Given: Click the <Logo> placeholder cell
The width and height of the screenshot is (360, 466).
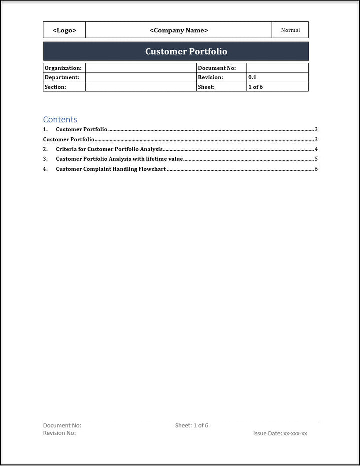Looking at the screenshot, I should pyautogui.click(x=64, y=30).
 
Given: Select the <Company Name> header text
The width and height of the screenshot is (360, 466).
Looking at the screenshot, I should pyautogui.click(x=179, y=30).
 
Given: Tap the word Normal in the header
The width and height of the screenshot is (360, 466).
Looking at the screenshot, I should pyautogui.click(x=290, y=30).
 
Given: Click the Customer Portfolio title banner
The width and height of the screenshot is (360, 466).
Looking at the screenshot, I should pyautogui.click(x=186, y=51).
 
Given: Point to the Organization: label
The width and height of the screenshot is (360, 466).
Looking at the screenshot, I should pyautogui.click(x=63, y=68).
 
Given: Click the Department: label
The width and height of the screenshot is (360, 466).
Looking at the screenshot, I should pyautogui.click(x=62, y=77).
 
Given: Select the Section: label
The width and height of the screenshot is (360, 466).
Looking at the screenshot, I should pyautogui.click(x=55, y=87).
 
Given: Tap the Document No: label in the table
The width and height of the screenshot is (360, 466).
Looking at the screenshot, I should pyautogui.click(x=217, y=68).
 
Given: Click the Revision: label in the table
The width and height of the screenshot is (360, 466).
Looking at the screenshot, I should pyautogui.click(x=211, y=77).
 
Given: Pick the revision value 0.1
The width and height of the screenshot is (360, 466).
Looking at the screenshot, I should pyautogui.click(x=252, y=77).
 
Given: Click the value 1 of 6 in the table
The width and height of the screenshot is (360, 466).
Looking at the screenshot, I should pyautogui.click(x=255, y=87).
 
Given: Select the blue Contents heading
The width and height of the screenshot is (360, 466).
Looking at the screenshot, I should pyautogui.click(x=60, y=119).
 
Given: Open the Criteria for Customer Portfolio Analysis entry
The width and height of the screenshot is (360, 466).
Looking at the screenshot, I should pyautogui.click(x=109, y=149).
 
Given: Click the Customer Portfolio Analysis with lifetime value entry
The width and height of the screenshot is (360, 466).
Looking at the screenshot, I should pyautogui.click(x=120, y=159).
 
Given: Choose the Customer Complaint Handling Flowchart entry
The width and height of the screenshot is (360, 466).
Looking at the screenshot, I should pyautogui.click(x=111, y=169).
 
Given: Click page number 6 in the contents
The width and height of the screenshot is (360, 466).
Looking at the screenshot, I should pyautogui.click(x=316, y=169).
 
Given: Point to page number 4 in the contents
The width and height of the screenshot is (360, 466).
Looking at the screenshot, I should pyautogui.click(x=316, y=149).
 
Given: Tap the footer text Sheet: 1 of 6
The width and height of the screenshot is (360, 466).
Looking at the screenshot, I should pyautogui.click(x=192, y=426).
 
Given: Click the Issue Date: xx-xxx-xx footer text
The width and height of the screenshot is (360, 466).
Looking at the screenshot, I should pyautogui.click(x=280, y=434).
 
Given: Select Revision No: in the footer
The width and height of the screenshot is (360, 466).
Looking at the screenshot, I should pyautogui.click(x=60, y=433).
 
